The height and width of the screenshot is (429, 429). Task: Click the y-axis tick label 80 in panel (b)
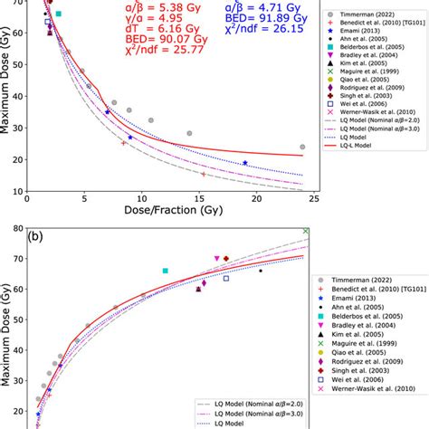pos(18,230)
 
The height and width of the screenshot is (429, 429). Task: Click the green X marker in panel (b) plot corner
pos(306,231)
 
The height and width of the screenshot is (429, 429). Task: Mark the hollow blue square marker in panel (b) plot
pos(226,278)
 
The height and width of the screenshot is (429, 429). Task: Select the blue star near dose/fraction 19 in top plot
pos(244,163)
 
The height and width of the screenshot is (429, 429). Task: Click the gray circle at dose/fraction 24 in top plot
pos(302,147)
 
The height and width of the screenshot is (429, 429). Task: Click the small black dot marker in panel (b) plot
pos(261,270)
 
